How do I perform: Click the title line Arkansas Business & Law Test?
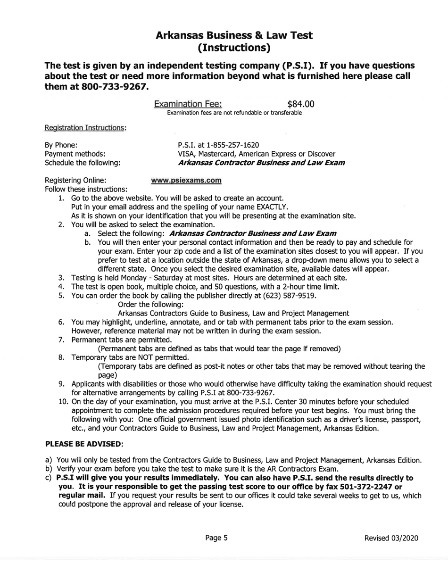click(234, 35)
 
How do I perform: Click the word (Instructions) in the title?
click(234, 48)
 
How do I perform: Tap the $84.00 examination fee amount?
click(300, 104)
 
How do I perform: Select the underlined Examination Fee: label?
click(189, 104)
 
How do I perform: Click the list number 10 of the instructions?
click(64, 402)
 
